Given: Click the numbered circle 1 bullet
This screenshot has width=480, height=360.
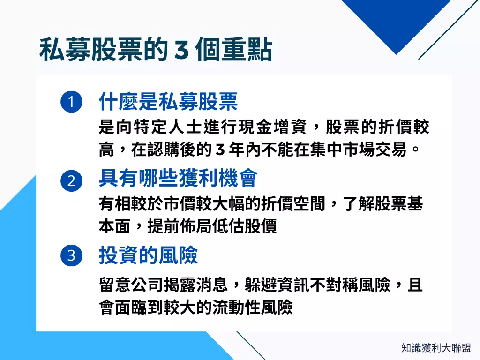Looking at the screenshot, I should click(x=71, y=102).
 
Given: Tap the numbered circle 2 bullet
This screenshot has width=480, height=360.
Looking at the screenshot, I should click(x=71, y=180).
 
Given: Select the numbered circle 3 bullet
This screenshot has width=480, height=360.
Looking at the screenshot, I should click(x=71, y=255).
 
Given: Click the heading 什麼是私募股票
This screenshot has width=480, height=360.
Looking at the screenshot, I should click(x=168, y=101).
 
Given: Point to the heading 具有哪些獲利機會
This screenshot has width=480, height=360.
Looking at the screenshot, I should click(x=178, y=179).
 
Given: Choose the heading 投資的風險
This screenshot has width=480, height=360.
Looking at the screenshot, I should click(x=148, y=255).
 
